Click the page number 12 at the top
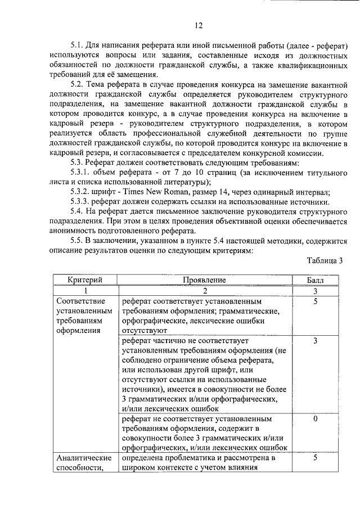pyautogui.click(x=198, y=25)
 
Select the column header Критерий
pyautogui.click(x=85, y=280)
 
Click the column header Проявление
pyautogui.click(x=204, y=280)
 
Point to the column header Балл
pyautogui.click(x=315, y=280)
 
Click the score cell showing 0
pyautogui.click(x=315, y=419)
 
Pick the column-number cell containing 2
pyautogui.click(x=204, y=291)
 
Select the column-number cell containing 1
pyautogui.click(x=85, y=291)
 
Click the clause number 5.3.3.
pyautogui.click(x=83, y=201)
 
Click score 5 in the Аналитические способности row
pyautogui.click(x=315, y=458)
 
